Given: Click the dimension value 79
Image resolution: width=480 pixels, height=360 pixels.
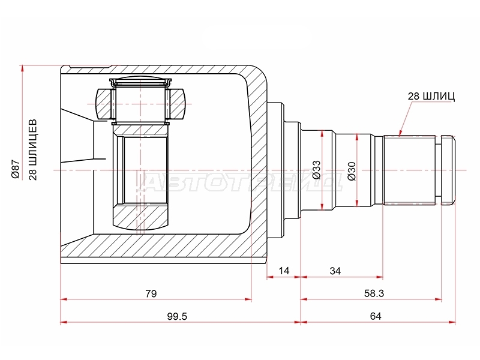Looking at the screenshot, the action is coord(151,293).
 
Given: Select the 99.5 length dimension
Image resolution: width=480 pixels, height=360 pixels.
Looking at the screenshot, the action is coord(177,316).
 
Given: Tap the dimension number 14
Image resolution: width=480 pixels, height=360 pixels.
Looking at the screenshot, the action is coord(284,271).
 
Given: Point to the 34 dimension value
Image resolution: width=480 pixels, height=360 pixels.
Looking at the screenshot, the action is coord(335,271).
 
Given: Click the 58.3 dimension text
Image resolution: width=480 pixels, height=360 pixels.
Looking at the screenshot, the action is coord(374,293).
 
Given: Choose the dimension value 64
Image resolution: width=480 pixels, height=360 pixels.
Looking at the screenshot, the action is coord(376,316).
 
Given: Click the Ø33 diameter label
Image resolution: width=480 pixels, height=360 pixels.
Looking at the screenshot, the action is coord(316,170).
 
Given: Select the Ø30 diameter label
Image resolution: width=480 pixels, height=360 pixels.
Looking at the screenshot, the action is coord(352,171).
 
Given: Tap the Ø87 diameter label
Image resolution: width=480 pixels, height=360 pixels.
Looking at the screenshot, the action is coord(16,170).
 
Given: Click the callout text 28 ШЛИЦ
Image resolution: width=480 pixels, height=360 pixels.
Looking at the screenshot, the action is coord(431,96).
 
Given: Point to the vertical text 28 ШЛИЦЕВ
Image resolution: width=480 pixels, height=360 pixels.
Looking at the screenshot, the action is coord(32,149).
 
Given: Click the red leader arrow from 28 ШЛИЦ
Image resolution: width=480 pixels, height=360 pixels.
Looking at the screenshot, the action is coord(406,119).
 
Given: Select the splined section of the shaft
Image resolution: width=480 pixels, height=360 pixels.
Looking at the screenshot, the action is coord(409,170).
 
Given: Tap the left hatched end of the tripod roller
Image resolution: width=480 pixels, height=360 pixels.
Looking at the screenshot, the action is coord(104,104).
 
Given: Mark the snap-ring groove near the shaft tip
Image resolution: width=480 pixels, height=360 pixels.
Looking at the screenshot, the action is coord(438,170).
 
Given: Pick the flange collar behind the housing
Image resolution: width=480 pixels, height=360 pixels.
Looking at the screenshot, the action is coord(275,170).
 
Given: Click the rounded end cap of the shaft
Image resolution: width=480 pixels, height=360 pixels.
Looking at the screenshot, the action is coord(448,170).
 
